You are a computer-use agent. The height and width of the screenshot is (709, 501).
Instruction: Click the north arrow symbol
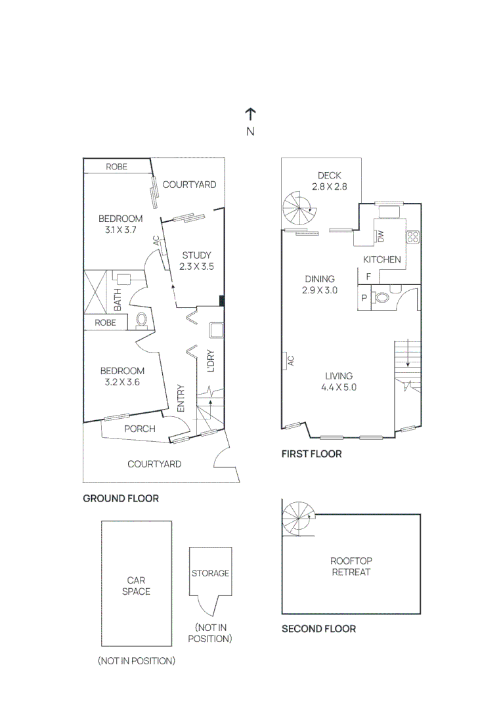[x=250, y=114]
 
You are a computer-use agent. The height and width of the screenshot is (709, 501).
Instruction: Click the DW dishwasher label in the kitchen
[x=380, y=236]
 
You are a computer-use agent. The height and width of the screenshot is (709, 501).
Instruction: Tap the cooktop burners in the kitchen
[x=412, y=237]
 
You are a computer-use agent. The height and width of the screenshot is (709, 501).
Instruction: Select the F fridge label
[x=368, y=277]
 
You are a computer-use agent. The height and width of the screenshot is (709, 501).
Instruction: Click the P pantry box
[x=364, y=298]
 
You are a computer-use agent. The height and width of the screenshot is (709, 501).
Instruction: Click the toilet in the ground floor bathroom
[x=141, y=320]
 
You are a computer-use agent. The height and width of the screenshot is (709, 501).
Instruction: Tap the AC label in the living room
[x=290, y=360]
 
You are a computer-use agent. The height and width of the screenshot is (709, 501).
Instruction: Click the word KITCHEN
[x=382, y=259]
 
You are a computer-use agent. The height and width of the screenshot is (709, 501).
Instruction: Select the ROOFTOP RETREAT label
[x=351, y=566]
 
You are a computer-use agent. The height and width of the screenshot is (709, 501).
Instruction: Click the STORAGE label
[x=210, y=573]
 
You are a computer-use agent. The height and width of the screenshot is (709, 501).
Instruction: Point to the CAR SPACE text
[x=136, y=586]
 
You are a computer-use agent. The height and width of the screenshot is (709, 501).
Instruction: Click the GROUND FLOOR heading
[x=121, y=498]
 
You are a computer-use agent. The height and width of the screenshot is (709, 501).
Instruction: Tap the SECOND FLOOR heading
[x=318, y=628]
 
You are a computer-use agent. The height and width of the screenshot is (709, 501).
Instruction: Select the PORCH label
[x=140, y=429]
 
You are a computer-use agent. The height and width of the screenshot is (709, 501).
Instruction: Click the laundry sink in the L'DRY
[x=215, y=330]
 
